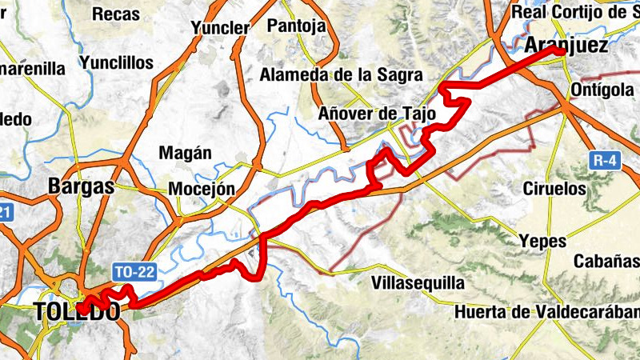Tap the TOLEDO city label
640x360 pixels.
coord(78,312)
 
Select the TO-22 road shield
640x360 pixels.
coord(133,273)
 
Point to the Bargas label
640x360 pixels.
coord(82,186)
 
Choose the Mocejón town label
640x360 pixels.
coord(202,190)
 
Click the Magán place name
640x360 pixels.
coord(186,153)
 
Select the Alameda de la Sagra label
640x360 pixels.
coord(341,76)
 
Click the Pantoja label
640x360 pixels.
coord(298,26)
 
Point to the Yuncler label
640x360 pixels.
coord(220,28)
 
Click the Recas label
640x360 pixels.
coord(115,14)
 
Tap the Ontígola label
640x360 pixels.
coord(605,89)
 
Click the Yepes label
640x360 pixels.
coord(542,241)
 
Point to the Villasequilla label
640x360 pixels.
coord(418,282)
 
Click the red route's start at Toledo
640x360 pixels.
coord(82,308)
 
